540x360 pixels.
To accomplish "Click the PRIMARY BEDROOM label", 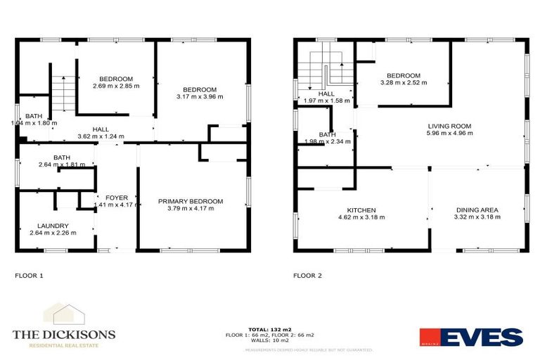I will pyautogui.click(x=191, y=202).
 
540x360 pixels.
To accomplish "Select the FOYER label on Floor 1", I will pyautogui.click(x=117, y=198).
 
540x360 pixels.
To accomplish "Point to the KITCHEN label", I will pyautogui.click(x=361, y=210).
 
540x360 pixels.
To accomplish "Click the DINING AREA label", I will pyautogui.click(x=477, y=210).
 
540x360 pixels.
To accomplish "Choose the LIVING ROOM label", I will pyautogui.click(x=449, y=127).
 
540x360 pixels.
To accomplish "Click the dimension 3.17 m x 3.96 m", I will pyautogui.click(x=200, y=97).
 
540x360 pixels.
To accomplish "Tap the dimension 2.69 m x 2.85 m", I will pyautogui.click(x=116, y=86).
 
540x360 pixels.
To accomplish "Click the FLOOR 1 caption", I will pyautogui.click(x=29, y=276).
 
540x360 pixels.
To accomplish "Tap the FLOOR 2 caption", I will pyautogui.click(x=307, y=276).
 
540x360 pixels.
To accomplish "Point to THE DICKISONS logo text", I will pyautogui.click(x=64, y=335).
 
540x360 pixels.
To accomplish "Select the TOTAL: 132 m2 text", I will pyautogui.click(x=269, y=328).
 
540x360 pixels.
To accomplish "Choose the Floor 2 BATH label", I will pyautogui.click(x=327, y=134).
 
